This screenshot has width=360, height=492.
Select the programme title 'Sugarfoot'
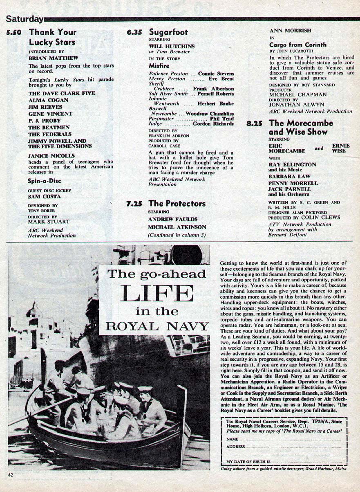point(168,32)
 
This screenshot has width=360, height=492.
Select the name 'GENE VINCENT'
point(50,114)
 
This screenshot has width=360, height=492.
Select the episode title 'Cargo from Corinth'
point(298,45)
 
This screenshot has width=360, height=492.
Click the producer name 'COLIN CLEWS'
point(315,218)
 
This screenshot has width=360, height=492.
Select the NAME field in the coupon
point(286,438)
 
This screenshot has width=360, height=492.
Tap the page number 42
point(10,474)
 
